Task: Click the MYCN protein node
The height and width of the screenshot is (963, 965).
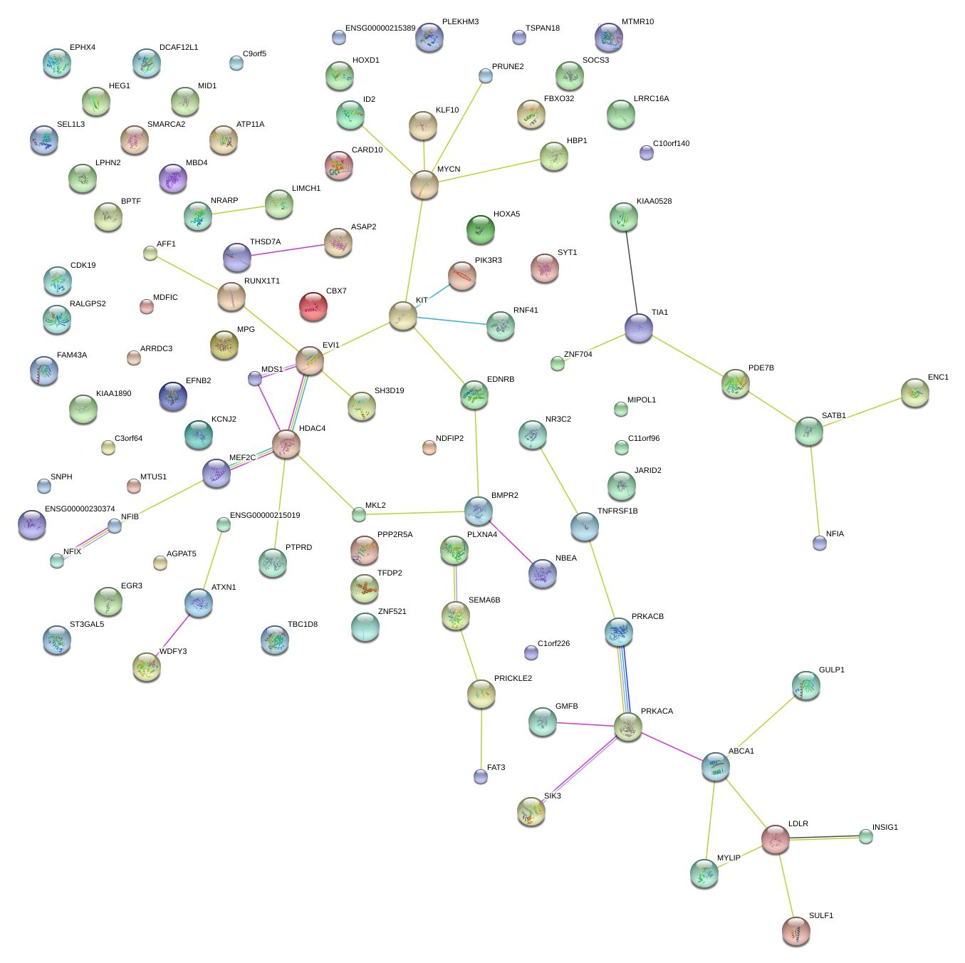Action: [x=424, y=185]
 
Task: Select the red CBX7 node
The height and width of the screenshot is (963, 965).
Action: [x=313, y=306]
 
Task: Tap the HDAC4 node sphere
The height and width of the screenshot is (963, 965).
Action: [x=286, y=444]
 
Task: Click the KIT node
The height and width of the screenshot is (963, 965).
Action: [x=403, y=316]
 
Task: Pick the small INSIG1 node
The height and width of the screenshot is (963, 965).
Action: [x=865, y=836]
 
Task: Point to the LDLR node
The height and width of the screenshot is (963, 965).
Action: [x=776, y=839]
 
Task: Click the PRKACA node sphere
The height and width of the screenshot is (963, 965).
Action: [x=628, y=727]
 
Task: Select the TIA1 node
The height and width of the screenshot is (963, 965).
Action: [x=639, y=328]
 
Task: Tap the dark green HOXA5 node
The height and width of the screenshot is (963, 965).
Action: [x=481, y=229]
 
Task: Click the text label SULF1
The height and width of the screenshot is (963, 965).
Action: [x=820, y=915]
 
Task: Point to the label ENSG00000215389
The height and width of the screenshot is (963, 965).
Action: [x=380, y=28]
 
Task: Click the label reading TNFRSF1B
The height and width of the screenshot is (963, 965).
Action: [x=617, y=511]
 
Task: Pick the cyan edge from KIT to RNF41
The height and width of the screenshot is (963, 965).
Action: [x=452, y=321]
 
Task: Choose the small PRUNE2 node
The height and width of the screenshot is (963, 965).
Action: [x=486, y=76]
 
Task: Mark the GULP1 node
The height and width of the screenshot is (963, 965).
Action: [x=806, y=685]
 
